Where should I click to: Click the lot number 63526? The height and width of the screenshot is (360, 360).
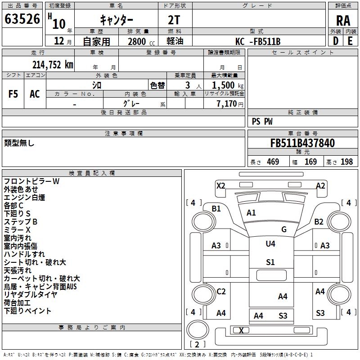coord(22,19)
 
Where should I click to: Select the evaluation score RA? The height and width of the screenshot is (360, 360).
coord(343,21)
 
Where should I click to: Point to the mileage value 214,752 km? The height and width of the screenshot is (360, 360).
coord(52,65)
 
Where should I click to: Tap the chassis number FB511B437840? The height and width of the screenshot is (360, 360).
coord(302,144)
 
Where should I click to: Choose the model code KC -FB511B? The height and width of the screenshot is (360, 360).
coord(258,42)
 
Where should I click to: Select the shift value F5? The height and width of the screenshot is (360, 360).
coord(13,94)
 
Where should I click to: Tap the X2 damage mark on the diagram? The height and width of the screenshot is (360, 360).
coord(220,185)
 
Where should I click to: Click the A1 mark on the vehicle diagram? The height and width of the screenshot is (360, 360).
coord(251,213)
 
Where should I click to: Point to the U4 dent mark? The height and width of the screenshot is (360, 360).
coord(270,244)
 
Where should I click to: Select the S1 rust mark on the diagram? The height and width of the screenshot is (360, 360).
coord(270,262)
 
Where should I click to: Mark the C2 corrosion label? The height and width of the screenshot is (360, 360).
coord(221,292)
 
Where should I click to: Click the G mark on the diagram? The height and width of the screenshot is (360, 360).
coord(284,229)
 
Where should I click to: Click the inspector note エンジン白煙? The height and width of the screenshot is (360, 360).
coord(24,198)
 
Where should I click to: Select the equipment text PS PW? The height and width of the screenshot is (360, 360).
coord(262,121)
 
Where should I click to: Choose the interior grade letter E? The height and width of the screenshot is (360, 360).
coord(350,41)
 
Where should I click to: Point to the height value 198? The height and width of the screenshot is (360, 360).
coord(346,162)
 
